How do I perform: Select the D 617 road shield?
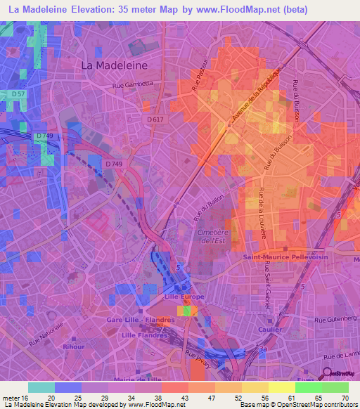pyautogui.click(x=157, y=120)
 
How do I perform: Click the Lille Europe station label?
pyautogui.click(x=184, y=297)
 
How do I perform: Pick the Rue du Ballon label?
pyautogui.click(x=209, y=207)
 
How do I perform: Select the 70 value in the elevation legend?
pyautogui.click(x=344, y=398)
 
